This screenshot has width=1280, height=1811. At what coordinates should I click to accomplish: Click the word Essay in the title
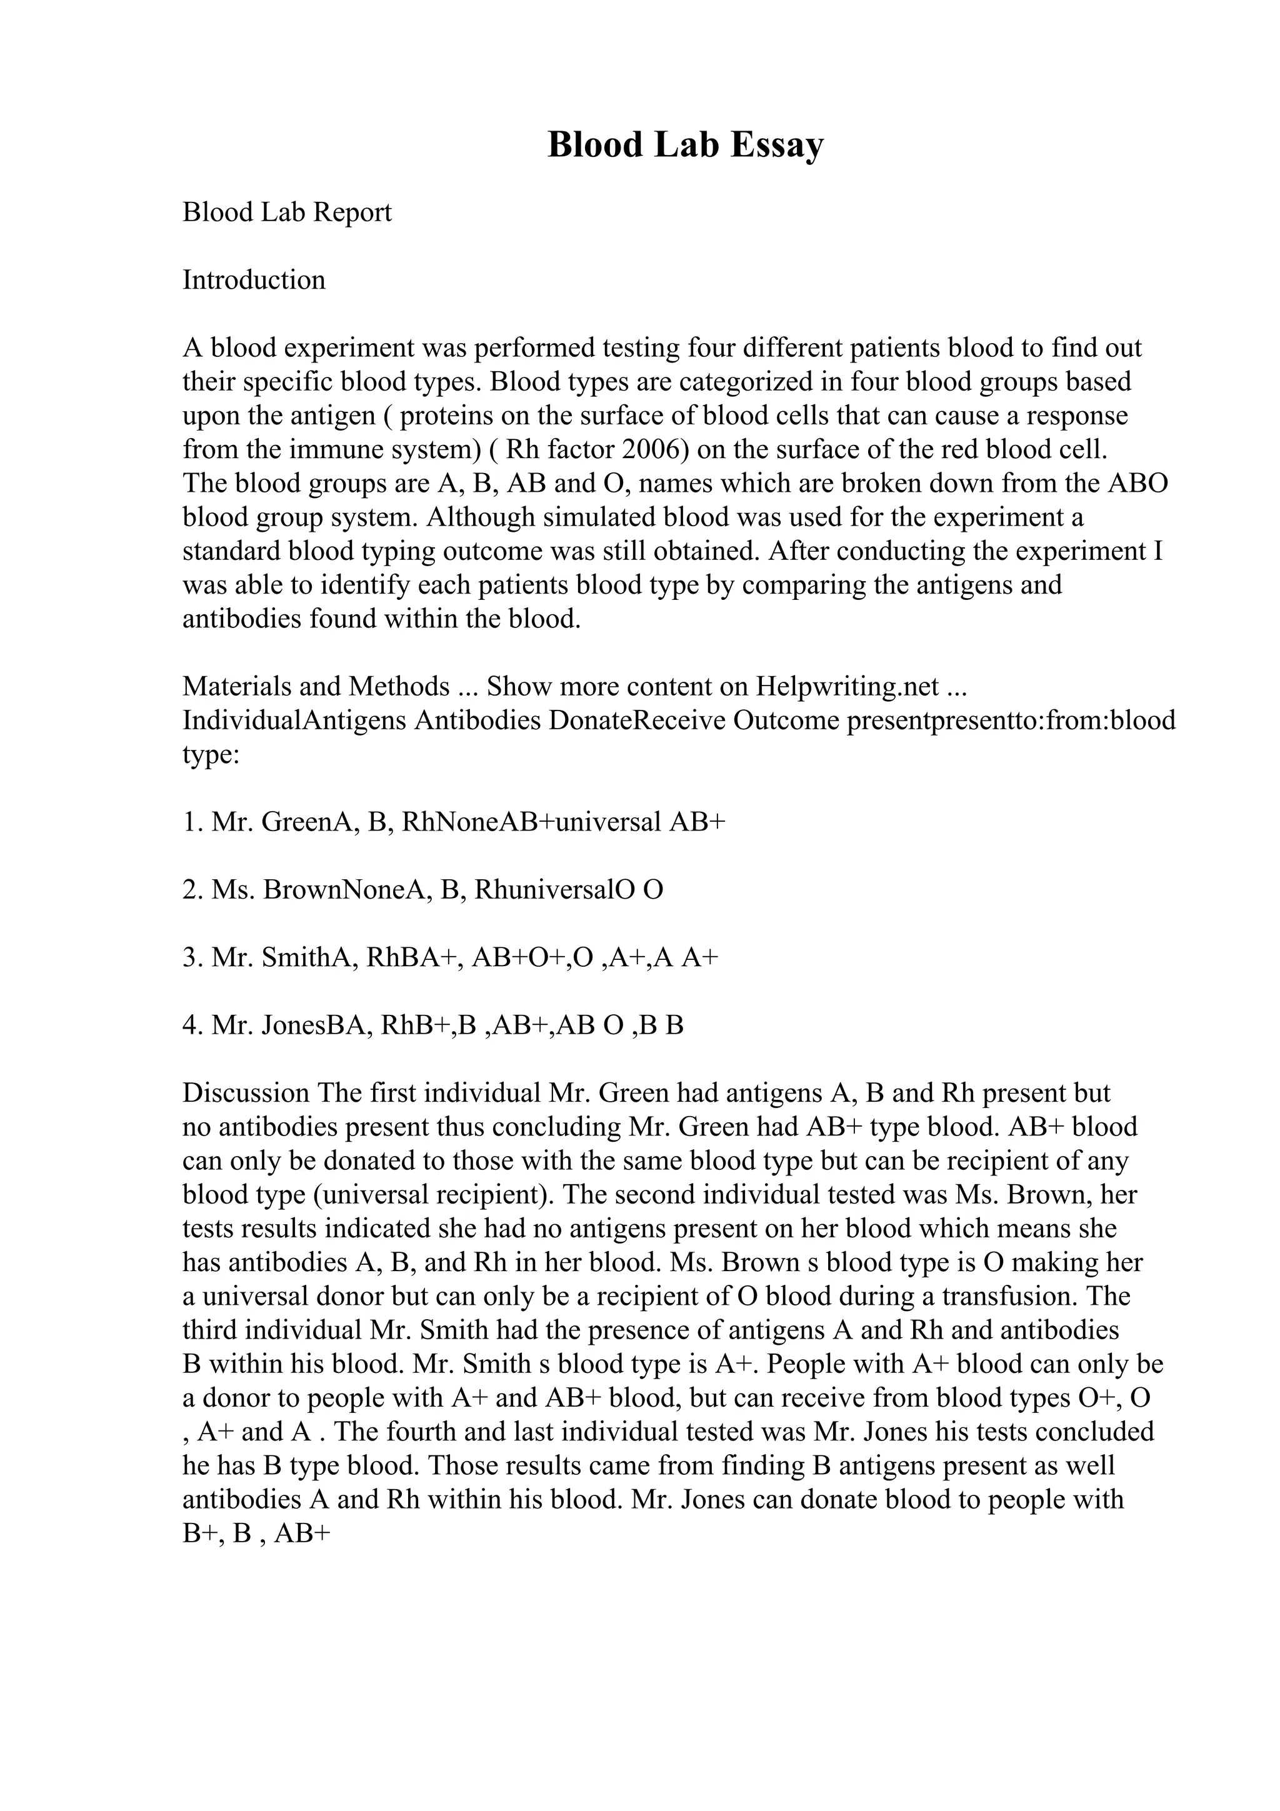click(x=776, y=146)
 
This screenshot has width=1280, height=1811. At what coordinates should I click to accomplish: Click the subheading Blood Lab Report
click(x=286, y=212)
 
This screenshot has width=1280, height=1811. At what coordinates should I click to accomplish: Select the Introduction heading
click(x=253, y=280)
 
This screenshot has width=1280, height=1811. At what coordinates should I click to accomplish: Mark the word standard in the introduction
click(x=231, y=551)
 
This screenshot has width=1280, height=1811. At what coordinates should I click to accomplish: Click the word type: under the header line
click(x=211, y=754)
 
